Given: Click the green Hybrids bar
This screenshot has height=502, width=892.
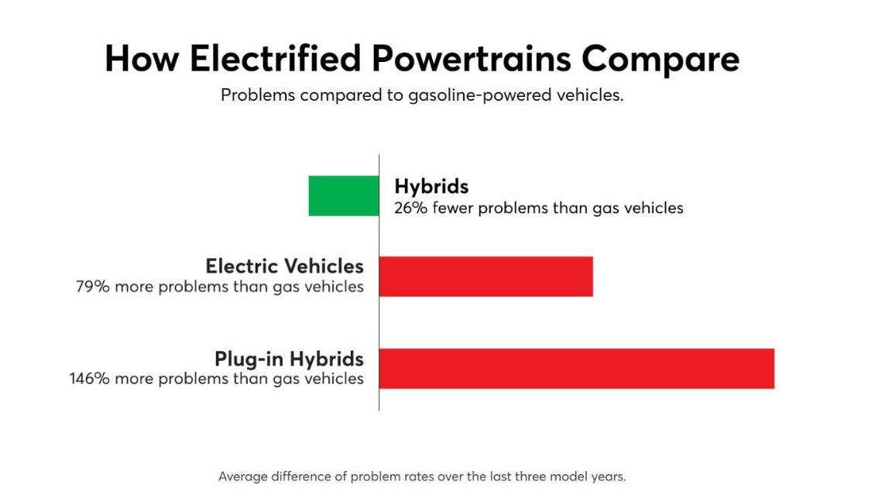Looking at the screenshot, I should [x=344, y=195].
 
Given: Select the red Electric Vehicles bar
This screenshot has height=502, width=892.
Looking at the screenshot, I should [x=485, y=277].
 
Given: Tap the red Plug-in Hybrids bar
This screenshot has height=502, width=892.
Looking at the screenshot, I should [x=576, y=369].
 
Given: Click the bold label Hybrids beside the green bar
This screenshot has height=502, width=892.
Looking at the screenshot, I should [x=431, y=187].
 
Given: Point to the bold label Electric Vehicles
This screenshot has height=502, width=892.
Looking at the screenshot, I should [x=284, y=266].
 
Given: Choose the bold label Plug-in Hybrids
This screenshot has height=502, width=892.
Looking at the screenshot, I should [x=289, y=359].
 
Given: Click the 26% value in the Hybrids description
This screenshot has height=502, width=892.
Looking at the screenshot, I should [x=409, y=208].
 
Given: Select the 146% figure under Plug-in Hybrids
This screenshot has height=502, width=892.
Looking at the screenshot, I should [x=88, y=379].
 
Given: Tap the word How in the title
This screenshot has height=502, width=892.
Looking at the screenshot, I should [x=139, y=59].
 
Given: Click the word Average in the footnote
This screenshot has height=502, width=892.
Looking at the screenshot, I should [x=245, y=476].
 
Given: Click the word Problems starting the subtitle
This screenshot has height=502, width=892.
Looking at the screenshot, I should [x=257, y=96].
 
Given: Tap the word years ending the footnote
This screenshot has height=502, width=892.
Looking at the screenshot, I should [x=608, y=476].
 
